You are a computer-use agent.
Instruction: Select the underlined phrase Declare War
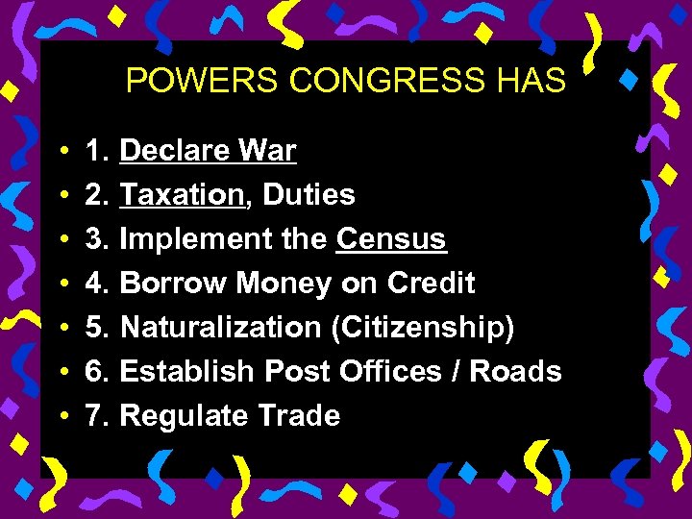[x=208, y=151]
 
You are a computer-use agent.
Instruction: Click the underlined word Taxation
[x=182, y=195]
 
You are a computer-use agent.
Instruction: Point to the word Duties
[x=309, y=195]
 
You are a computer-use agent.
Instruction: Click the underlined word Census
[x=391, y=239]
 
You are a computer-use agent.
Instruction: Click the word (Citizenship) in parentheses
[x=423, y=328]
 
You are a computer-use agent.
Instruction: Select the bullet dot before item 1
[x=61, y=152]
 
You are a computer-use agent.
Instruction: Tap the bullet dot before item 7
[x=61, y=417]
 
